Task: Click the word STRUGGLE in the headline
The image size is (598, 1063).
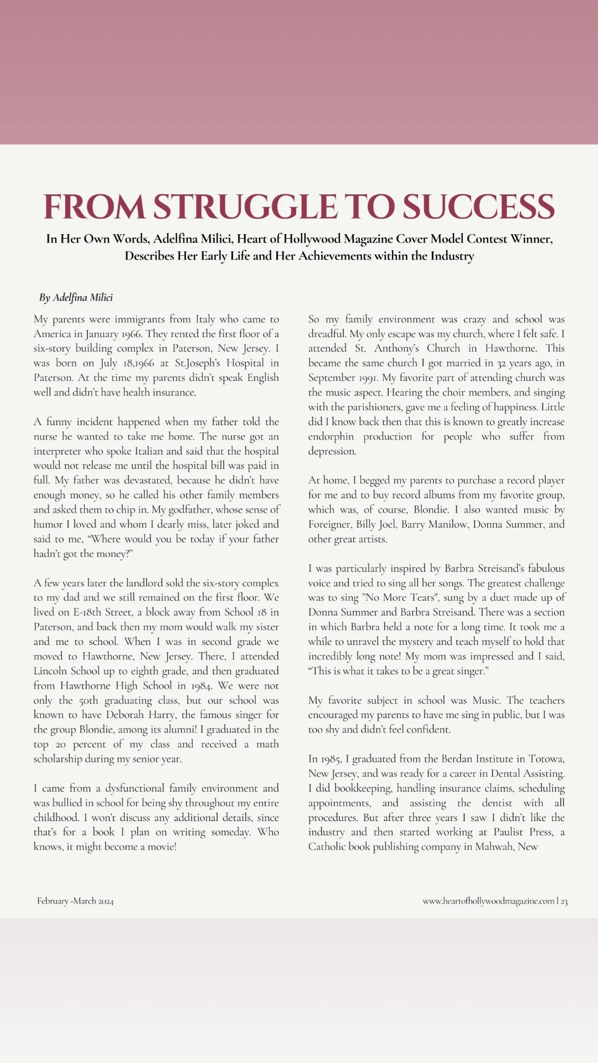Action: pyautogui.click(x=245, y=207)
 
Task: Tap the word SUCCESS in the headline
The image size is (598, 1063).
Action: pyautogui.click(x=478, y=207)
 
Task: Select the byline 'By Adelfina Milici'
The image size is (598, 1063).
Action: pyautogui.click(x=76, y=297)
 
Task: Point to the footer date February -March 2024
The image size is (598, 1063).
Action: pyautogui.click(x=75, y=901)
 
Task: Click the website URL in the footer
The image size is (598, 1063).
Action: pyautogui.click(x=488, y=901)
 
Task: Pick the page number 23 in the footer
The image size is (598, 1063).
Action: pyautogui.click(x=564, y=901)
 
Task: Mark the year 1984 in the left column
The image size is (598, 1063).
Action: pyautogui.click(x=202, y=685)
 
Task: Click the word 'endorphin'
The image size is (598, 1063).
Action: pyautogui.click(x=331, y=436)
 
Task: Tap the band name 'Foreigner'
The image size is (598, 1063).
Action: pyautogui.click(x=330, y=524)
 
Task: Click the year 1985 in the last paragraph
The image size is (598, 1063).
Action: pyautogui.click(x=329, y=759)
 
